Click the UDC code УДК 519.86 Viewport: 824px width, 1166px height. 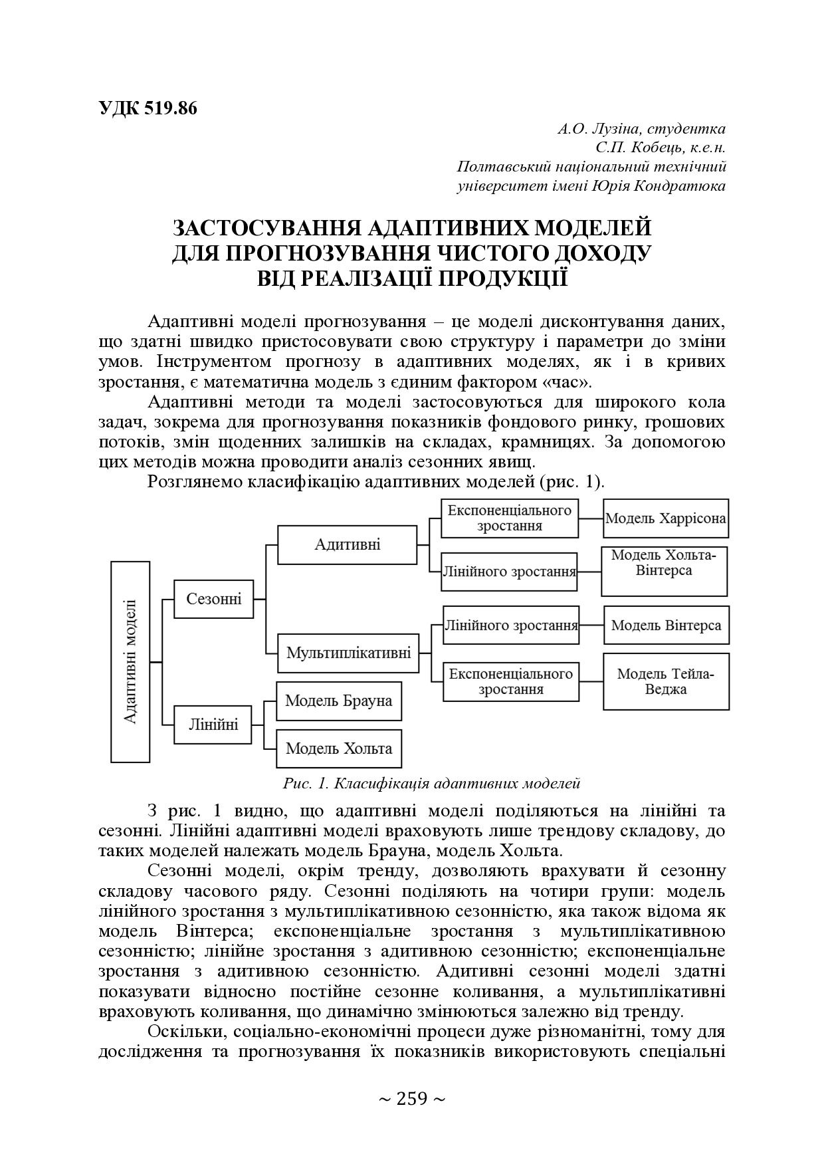(x=148, y=108)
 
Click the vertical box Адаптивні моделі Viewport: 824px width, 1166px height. (x=130, y=661)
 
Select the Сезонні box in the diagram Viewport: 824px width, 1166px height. (x=214, y=599)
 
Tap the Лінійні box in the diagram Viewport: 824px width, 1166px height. (x=214, y=724)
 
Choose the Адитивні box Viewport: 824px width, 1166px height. (x=348, y=545)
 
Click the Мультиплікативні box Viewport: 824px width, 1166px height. (x=349, y=653)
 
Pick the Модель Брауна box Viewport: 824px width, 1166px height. (x=339, y=701)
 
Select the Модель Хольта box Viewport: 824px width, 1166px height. (x=339, y=749)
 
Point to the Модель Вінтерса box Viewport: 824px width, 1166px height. (x=667, y=625)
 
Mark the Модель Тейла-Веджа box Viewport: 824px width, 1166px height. (x=666, y=681)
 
